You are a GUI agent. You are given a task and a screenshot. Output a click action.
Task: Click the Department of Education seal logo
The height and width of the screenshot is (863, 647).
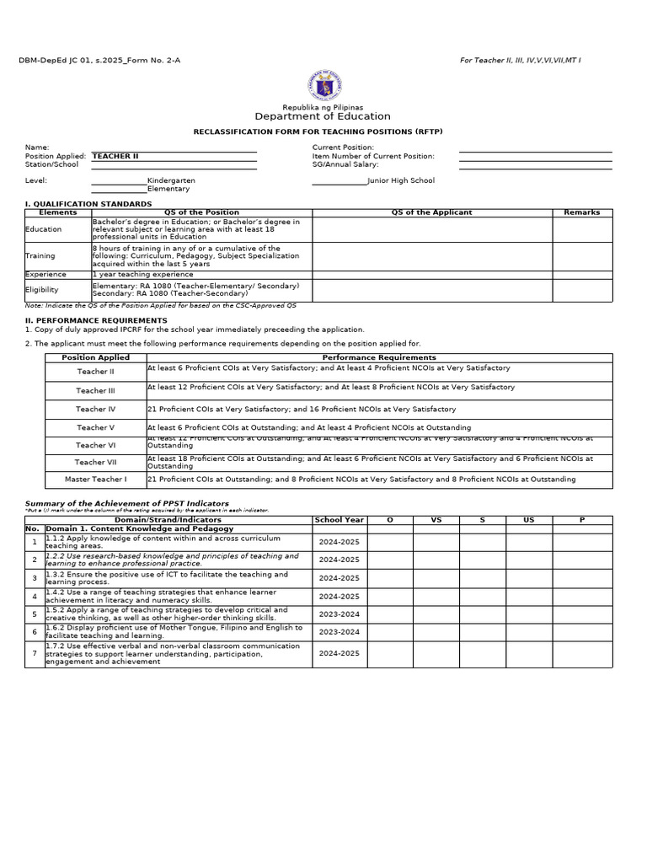(x=323, y=85)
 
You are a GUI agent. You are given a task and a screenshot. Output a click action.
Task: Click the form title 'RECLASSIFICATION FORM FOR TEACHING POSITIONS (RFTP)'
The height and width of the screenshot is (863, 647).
(x=323, y=132)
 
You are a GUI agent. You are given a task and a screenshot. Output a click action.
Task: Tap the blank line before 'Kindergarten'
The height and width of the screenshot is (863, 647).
(x=119, y=182)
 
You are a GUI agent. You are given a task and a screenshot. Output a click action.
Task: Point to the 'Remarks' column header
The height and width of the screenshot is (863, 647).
(x=581, y=212)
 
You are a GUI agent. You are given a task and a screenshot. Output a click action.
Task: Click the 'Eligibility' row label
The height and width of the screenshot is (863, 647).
(x=42, y=290)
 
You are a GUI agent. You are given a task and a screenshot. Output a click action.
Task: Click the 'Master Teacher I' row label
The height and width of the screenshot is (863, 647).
(x=95, y=480)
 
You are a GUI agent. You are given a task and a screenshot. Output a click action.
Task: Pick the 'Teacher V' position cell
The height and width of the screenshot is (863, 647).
(x=95, y=428)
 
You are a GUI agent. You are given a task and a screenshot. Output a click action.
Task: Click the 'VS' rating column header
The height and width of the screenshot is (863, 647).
(x=436, y=520)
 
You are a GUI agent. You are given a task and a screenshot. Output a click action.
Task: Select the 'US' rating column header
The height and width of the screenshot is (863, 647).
(x=528, y=520)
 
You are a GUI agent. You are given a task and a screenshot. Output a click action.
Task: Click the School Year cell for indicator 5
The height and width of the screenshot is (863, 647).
(x=339, y=614)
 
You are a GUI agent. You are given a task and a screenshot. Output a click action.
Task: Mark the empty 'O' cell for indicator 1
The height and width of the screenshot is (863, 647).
(x=389, y=542)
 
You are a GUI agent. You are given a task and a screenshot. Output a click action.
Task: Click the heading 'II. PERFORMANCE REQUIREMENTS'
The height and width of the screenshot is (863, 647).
(x=96, y=320)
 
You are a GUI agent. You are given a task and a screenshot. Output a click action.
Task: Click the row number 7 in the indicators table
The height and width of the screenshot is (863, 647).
(x=35, y=654)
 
